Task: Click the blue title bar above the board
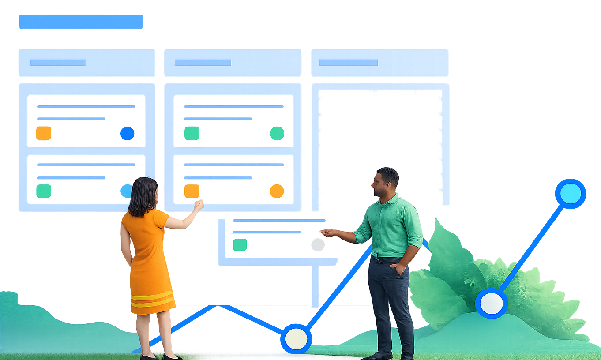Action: point(81,22)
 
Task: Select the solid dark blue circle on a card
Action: point(127,133)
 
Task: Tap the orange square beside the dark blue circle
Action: point(44,133)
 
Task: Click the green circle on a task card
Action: point(277,133)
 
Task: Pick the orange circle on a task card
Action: point(277,191)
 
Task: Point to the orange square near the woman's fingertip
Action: point(192,191)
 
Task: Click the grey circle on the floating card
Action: point(318,244)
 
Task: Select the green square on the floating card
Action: point(240,244)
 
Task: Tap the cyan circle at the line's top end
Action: point(570,194)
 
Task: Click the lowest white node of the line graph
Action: point(296,338)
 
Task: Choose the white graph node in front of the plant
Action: point(491,303)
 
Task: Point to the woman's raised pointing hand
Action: point(199,205)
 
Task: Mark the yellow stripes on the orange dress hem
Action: point(152,299)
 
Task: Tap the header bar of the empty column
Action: point(379,63)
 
